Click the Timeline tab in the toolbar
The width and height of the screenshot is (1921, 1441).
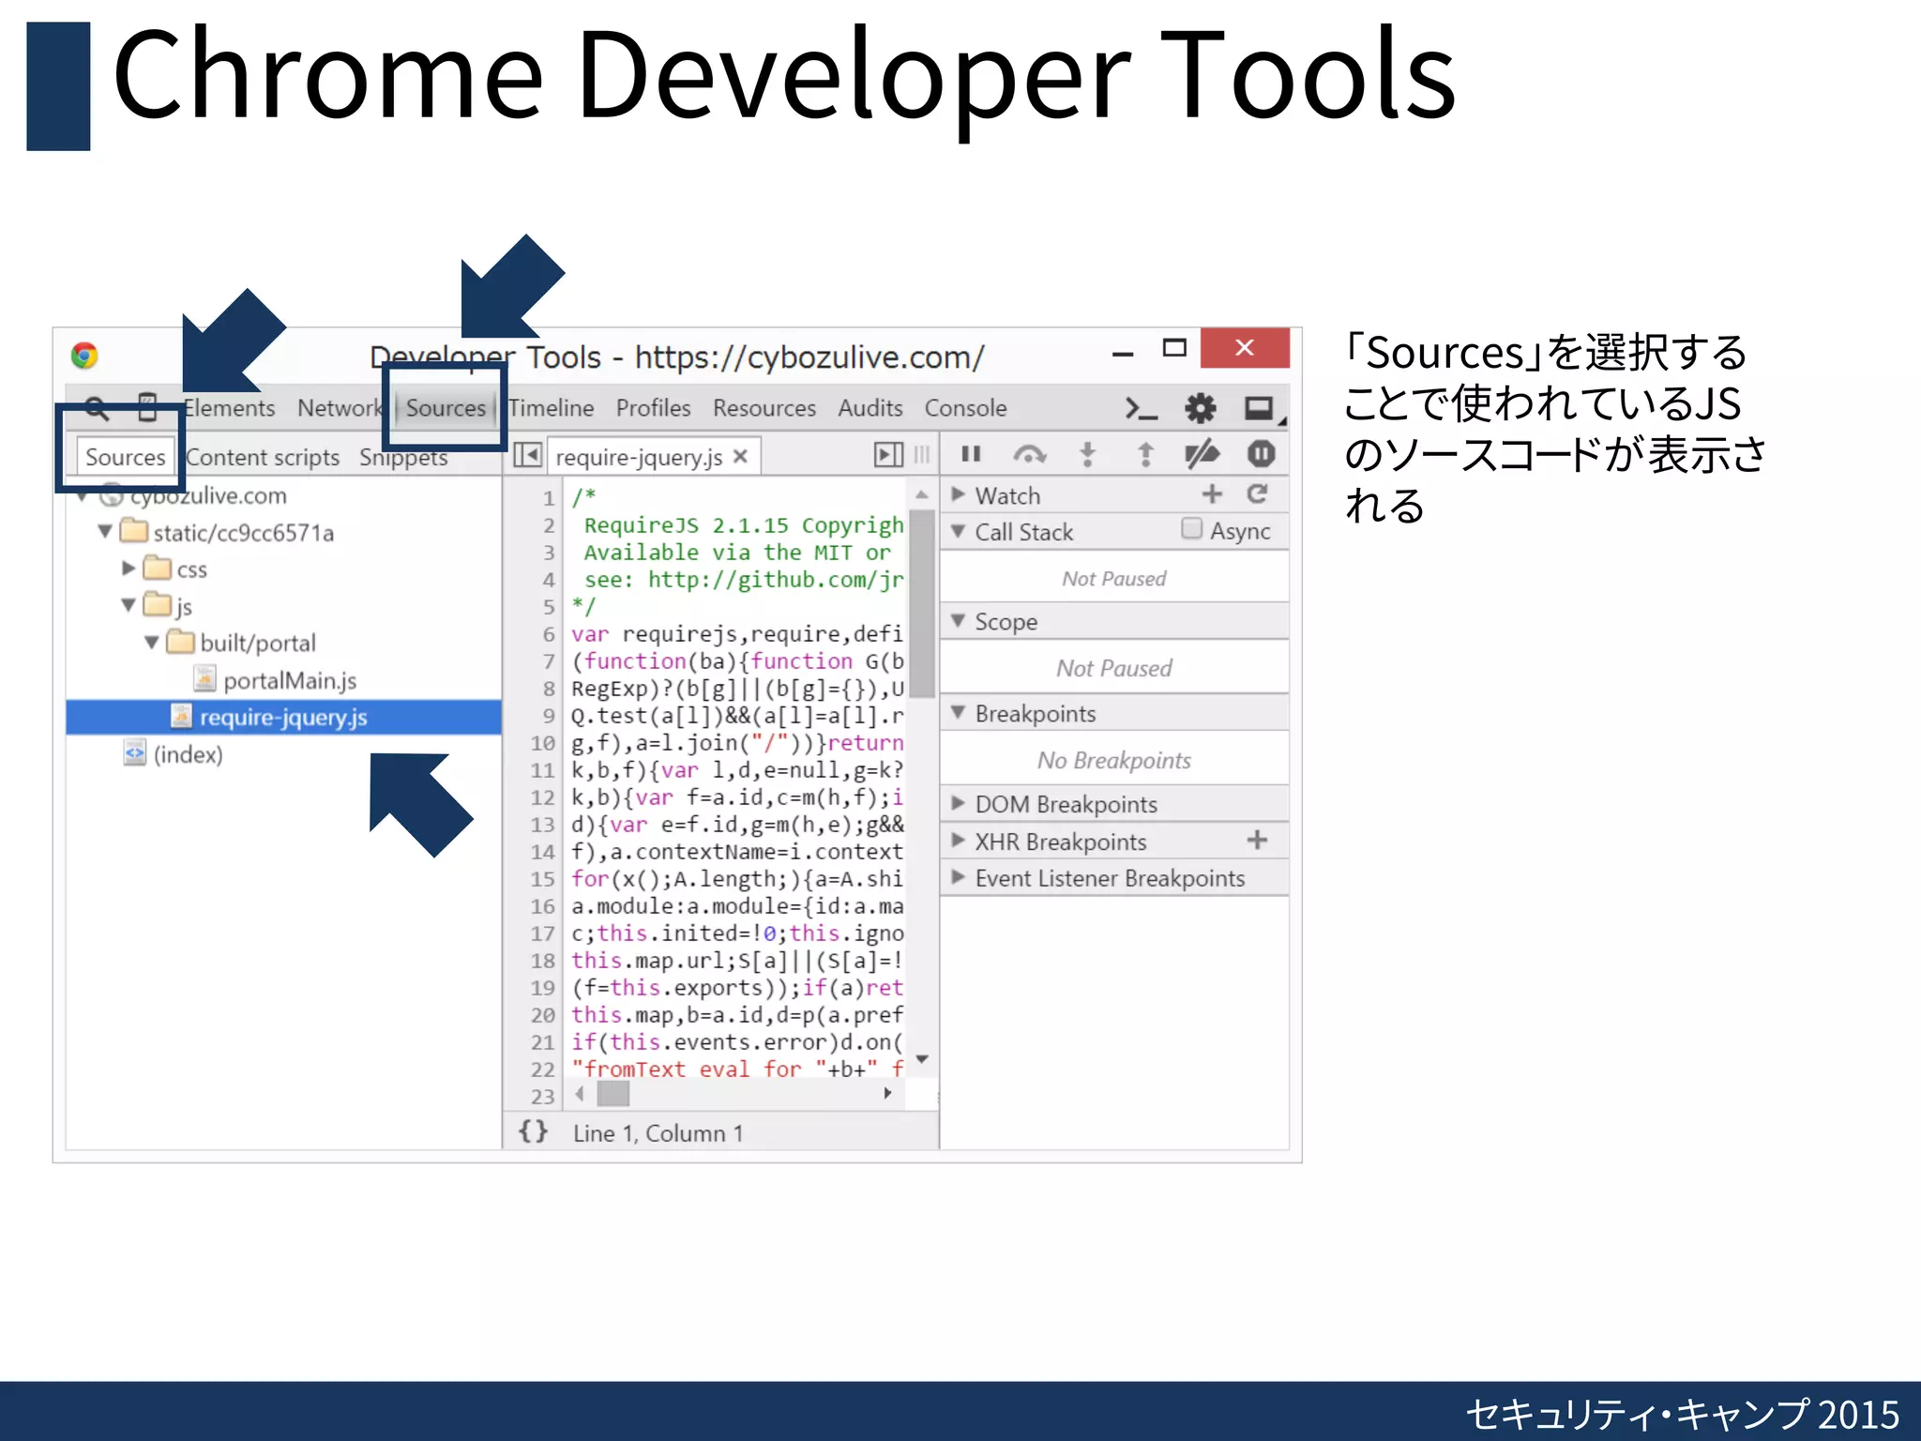click(552, 408)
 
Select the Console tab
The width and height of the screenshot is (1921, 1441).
click(965, 408)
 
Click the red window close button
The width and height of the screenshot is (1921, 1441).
click(1244, 348)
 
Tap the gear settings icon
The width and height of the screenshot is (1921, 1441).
click(1200, 408)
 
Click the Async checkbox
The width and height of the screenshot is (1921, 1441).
click(1191, 529)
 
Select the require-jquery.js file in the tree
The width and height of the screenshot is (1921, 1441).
click(282, 718)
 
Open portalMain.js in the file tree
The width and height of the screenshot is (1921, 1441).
click(289, 680)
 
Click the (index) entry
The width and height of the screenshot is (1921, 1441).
click(188, 754)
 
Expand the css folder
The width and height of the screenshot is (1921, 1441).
click(129, 569)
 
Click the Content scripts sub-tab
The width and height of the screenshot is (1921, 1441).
click(263, 457)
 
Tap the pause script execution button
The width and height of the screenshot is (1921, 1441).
click(971, 455)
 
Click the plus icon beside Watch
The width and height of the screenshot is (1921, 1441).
click(1212, 493)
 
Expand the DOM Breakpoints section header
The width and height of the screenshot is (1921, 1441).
click(1066, 804)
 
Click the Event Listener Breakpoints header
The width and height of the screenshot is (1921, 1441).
click(1109, 878)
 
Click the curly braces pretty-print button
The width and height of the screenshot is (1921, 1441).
click(533, 1131)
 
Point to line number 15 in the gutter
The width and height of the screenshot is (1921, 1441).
click(543, 879)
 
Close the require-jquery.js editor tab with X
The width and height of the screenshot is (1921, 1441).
click(740, 457)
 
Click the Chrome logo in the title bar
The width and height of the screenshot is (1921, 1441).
click(84, 356)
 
